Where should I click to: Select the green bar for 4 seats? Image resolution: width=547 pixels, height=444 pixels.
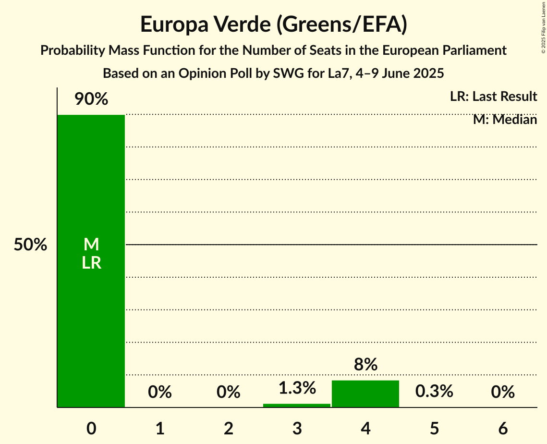coord(365,394)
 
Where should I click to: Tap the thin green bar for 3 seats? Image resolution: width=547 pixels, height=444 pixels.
coord(297,405)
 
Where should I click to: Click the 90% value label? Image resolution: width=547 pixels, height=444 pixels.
coord(91,99)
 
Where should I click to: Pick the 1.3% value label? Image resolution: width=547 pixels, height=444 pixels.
coord(297,388)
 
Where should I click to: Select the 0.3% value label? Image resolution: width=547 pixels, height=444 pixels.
coord(434,391)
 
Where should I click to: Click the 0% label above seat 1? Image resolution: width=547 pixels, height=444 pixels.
coord(159,392)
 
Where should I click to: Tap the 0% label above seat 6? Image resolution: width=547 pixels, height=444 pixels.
coord(503,392)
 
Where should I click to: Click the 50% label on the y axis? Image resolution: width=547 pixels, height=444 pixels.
coord(30,245)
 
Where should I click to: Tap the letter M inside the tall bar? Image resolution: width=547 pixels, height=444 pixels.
coord(91,245)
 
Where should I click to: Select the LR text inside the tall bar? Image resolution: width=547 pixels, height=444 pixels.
coord(91,263)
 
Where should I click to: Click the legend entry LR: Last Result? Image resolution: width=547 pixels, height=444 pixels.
coord(493,97)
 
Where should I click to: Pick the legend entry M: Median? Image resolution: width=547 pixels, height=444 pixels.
coord(505,119)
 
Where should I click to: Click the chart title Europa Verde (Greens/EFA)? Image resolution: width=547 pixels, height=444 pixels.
coord(273,24)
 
